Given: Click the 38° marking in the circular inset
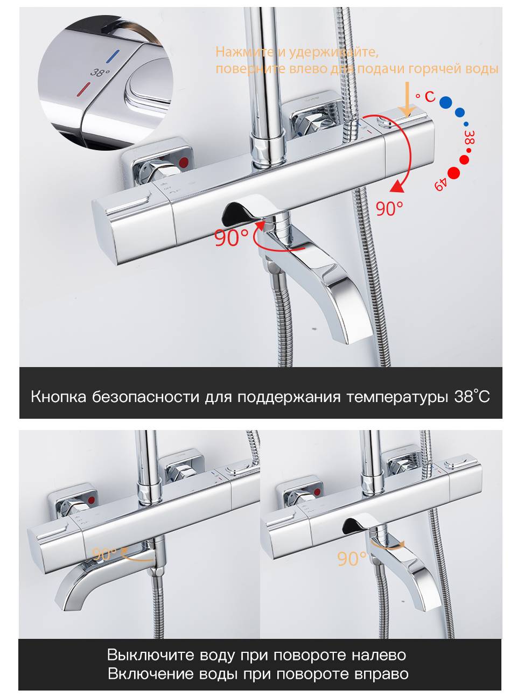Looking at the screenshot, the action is pos(100,72).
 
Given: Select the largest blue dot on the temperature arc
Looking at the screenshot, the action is pos(445,102).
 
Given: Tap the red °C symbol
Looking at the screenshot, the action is pos(425,96).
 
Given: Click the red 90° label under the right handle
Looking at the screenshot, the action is pos(389,207).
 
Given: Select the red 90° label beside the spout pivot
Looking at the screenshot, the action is pos(231,237).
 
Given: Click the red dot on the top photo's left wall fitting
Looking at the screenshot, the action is pos(184,163).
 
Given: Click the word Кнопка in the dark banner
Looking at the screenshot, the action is pos(58,396).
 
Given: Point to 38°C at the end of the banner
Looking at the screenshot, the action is pos(472,396).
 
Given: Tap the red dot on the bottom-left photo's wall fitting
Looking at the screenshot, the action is pos(92,501).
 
